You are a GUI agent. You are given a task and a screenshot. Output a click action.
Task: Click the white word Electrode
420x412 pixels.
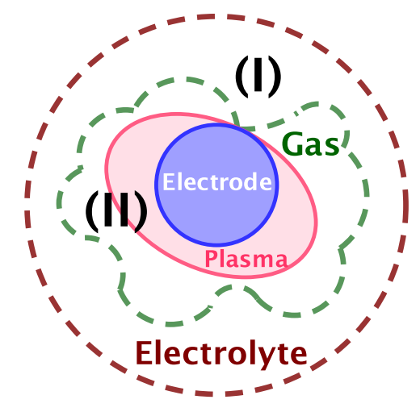[217, 182]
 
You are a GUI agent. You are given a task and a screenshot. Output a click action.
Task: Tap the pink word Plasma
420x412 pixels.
[246, 259]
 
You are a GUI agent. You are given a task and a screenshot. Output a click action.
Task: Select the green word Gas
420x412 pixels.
[310, 144]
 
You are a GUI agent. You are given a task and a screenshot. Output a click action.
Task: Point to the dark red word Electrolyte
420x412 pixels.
[221, 354]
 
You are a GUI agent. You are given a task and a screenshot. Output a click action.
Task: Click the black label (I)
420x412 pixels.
[258, 77]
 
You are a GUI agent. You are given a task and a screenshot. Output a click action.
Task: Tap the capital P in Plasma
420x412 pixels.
[211, 259]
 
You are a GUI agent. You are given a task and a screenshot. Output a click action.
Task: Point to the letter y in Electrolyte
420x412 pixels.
[266, 358]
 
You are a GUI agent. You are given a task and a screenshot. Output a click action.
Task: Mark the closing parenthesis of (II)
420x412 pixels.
[141, 212]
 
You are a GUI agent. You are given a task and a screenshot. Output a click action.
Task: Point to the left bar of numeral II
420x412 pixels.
[107, 210]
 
